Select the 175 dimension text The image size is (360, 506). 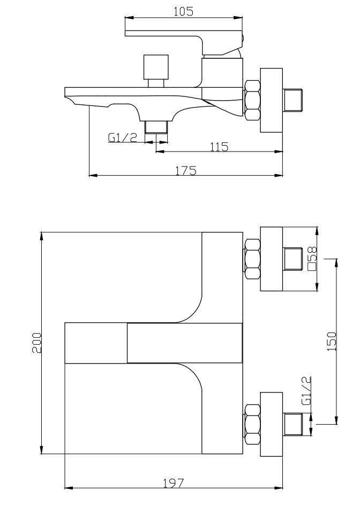[x=186, y=170]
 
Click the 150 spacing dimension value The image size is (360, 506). [x=332, y=340]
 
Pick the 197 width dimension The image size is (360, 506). [x=173, y=483]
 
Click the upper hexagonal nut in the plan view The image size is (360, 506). [x=252, y=259]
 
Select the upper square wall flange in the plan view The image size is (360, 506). [x=271, y=260]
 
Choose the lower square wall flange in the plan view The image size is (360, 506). [x=271, y=424]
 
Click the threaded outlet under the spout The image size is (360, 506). [x=157, y=127]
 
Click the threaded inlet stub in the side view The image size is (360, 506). [x=294, y=100]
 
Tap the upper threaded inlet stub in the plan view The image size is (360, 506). [x=294, y=260]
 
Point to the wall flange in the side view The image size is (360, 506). [x=271, y=100]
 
